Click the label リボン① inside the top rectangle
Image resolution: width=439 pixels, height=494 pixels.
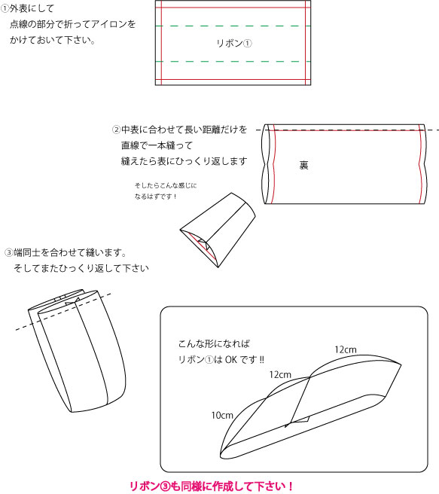234,43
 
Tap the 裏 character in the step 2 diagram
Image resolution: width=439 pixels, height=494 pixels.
303,165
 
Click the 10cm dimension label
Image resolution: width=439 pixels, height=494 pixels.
222,416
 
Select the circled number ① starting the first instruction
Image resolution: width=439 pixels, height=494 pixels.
5,8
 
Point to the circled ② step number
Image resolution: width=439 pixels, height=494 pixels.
116,130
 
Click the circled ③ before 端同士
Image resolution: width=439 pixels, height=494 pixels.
8,253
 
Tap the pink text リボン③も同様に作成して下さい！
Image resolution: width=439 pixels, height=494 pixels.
212,486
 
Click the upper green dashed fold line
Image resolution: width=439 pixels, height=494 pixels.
233,26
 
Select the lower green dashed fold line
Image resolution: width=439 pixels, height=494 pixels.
233,62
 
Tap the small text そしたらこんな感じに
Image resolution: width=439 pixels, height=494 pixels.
166,185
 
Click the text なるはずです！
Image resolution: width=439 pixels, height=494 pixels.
156,197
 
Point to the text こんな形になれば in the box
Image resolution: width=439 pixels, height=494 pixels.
214,343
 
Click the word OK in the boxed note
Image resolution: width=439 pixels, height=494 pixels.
231,359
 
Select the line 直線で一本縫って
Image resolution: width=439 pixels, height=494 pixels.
157,145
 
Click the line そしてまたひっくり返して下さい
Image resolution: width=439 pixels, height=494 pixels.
81,268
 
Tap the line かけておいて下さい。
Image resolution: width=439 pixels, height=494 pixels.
53,40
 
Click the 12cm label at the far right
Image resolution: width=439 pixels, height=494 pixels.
346,349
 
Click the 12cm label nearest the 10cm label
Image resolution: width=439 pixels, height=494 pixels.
280,375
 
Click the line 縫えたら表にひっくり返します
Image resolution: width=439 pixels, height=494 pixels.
184,161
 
